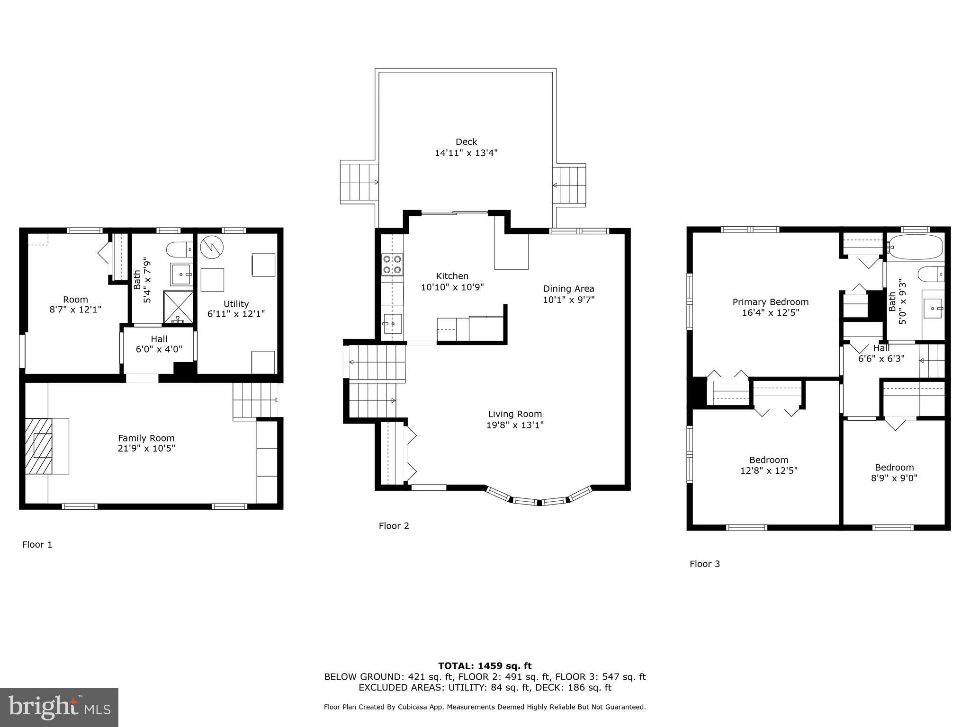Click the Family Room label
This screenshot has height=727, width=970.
click(x=146, y=438)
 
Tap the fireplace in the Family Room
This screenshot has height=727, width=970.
click(x=47, y=446)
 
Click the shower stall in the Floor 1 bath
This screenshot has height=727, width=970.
click(x=179, y=308)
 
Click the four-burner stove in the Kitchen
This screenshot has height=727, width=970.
click(x=392, y=265)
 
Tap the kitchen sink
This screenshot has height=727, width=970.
click(x=393, y=324)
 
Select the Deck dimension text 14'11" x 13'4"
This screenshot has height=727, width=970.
click(x=466, y=153)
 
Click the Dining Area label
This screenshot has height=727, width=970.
click(x=568, y=289)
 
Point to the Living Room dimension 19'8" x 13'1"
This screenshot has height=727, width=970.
click(x=515, y=425)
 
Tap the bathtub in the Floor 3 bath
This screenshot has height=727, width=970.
click(x=915, y=247)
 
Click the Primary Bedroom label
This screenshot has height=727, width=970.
click(x=771, y=302)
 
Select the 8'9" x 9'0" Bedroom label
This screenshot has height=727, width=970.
click(x=894, y=473)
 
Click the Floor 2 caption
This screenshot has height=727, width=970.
click(x=394, y=526)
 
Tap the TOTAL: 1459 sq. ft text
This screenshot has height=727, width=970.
click(x=485, y=666)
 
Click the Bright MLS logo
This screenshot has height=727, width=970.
click(x=59, y=707)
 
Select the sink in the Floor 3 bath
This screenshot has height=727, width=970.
click(x=933, y=309)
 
